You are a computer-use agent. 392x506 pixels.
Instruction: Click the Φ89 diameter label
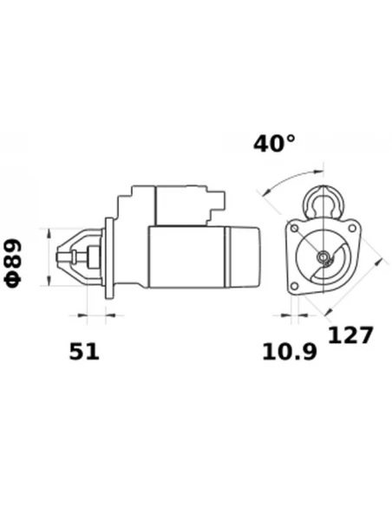coord(13,263)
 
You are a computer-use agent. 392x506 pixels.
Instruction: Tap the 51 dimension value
coord(84,352)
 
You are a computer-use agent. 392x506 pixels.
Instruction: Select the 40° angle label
coord(274,143)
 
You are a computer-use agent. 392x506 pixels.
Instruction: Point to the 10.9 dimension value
coord(290,352)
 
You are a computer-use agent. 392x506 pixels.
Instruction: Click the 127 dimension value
coord(350,335)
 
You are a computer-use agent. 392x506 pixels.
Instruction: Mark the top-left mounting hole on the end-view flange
coord(294,229)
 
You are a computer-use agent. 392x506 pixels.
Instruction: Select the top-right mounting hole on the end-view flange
coord(352,229)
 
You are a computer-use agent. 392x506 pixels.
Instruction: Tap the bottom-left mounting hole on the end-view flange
coord(294,286)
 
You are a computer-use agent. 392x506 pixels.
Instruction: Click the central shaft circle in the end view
coord(323,256)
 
